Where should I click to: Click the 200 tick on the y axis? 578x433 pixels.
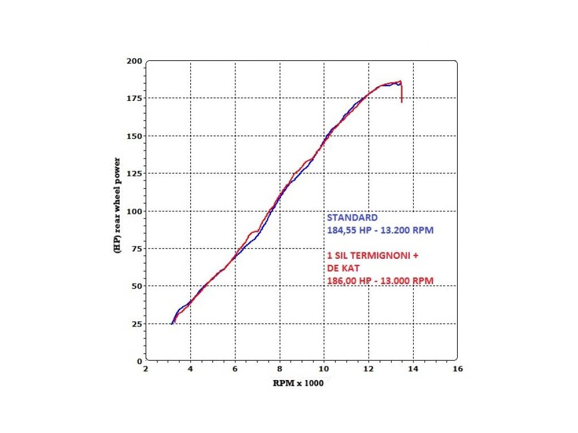pyautogui.click(x=135, y=61)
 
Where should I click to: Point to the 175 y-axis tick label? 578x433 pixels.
pyautogui.click(x=135, y=98)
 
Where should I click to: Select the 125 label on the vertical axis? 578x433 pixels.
pyautogui.click(x=135, y=173)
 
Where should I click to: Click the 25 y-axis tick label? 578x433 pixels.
pyautogui.click(x=137, y=324)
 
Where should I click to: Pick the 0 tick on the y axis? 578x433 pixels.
pyautogui.click(x=139, y=361)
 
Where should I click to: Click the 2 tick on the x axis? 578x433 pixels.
pyautogui.click(x=146, y=369)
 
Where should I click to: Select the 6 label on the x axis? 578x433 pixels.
pyautogui.click(x=235, y=369)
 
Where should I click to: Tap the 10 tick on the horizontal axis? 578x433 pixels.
pyautogui.click(x=324, y=369)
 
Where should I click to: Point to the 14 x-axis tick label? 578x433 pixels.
pyautogui.click(x=413, y=369)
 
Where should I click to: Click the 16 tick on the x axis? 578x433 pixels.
pyautogui.click(x=457, y=369)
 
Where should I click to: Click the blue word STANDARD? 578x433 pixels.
pyautogui.click(x=352, y=218)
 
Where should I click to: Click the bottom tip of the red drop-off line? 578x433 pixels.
pyautogui.click(x=401, y=103)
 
